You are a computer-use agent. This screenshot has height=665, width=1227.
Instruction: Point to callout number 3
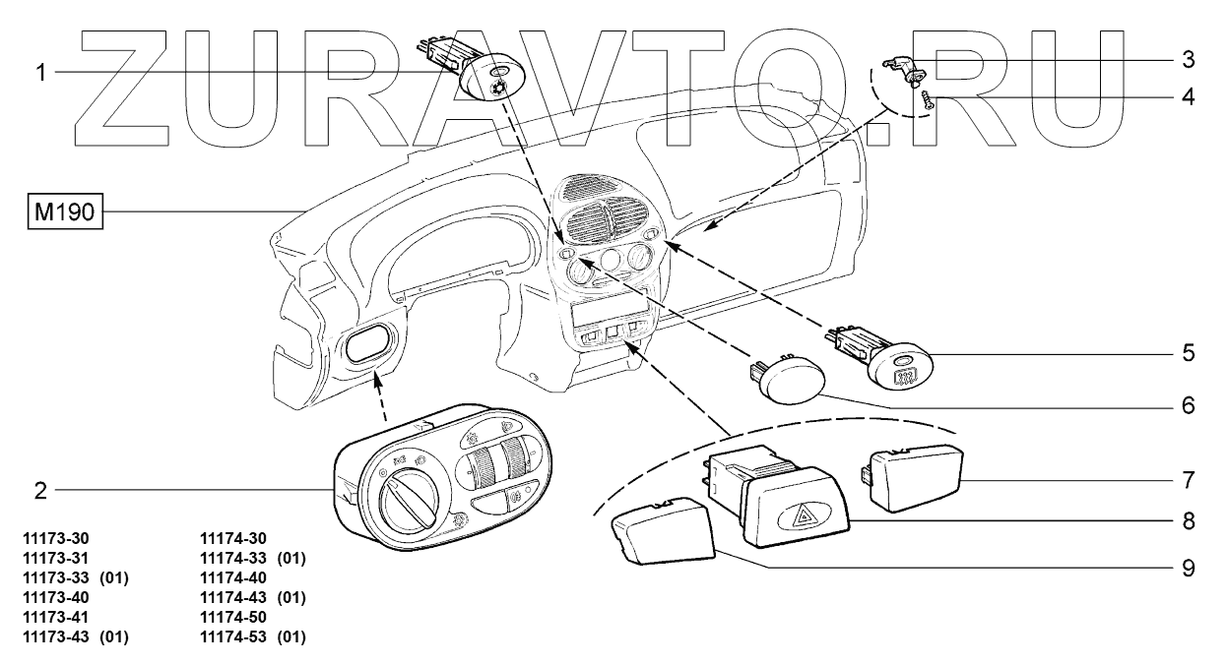point(1189,60)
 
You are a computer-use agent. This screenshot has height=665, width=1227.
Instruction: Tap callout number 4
point(1189,96)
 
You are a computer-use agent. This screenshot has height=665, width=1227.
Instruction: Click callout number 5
point(1189,350)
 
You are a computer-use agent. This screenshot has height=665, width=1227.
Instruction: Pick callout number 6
point(1189,404)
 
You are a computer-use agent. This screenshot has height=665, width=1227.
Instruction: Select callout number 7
point(1189,481)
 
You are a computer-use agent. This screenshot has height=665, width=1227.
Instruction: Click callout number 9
point(1189,568)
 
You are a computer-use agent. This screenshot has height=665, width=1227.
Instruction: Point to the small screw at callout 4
point(928,99)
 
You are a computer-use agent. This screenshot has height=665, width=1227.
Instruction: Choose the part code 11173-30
point(61,539)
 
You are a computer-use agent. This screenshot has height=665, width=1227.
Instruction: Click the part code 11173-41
point(61,618)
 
